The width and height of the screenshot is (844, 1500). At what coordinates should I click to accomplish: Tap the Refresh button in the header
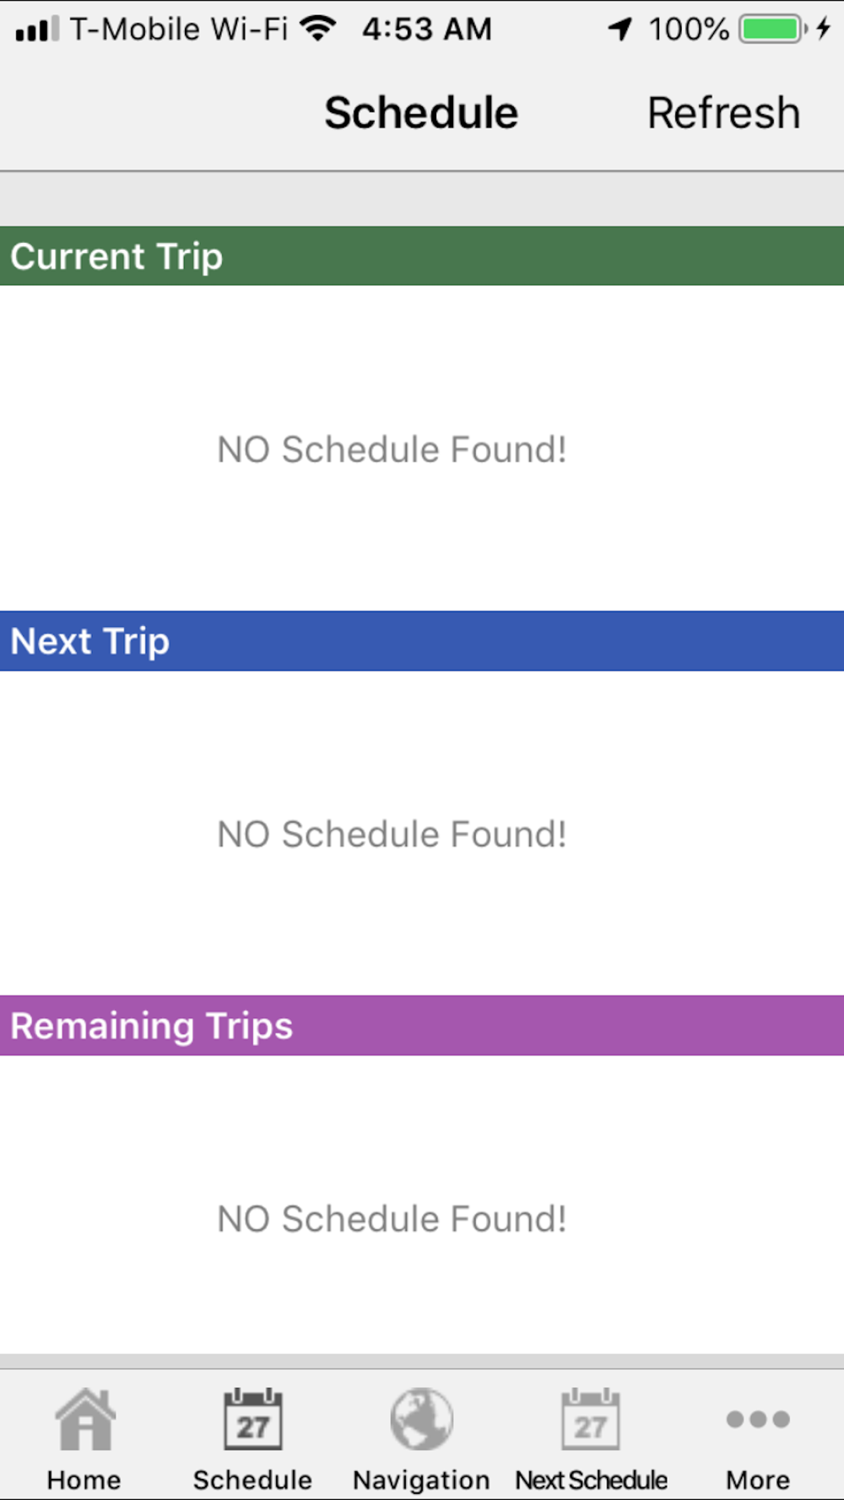point(723,113)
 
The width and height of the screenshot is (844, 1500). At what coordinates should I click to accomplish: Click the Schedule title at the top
point(421,113)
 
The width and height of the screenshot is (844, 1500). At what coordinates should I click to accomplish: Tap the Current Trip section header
point(422,256)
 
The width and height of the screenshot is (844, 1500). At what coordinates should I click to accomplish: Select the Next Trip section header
point(422,641)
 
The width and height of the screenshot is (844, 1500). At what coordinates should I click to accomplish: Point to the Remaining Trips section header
point(422,1025)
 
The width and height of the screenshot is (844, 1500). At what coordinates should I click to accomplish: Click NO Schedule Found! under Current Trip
point(392,450)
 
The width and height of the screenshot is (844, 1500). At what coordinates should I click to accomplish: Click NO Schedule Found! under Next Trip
point(392,834)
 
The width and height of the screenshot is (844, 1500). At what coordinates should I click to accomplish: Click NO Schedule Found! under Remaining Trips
point(392,1219)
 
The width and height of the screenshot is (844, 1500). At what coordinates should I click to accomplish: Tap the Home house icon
point(84,1419)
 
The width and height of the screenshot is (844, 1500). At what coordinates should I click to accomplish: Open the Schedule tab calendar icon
point(253,1419)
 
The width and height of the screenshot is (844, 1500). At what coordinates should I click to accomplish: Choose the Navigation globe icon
point(421,1419)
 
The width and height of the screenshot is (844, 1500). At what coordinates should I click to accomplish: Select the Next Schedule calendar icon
point(591,1419)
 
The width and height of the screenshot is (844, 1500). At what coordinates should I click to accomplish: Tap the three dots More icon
point(758,1419)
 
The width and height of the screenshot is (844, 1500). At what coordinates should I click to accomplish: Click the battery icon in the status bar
point(773,30)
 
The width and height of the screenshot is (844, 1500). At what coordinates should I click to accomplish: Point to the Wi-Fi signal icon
point(318,29)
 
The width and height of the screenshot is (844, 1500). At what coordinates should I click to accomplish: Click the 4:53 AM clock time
point(427,30)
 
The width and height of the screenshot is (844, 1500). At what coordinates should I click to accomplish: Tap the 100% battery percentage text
point(689,30)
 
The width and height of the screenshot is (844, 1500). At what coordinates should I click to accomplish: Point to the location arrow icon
point(620,30)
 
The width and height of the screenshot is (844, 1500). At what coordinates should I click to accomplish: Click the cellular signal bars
point(37,29)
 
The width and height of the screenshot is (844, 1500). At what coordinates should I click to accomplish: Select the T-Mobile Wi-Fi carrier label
point(179,30)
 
